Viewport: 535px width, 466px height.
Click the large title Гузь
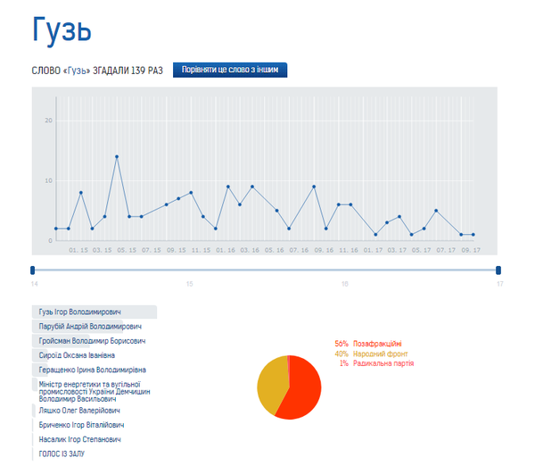click(x=62, y=31)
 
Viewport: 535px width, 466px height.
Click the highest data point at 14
click(x=117, y=157)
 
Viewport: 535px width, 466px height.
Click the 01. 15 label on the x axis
click(x=78, y=251)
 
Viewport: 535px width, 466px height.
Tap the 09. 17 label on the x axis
click(x=471, y=251)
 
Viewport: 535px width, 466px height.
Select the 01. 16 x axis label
click(x=225, y=251)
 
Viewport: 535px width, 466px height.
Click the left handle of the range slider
click(x=33, y=270)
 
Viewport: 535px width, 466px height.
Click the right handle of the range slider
click(x=498, y=270)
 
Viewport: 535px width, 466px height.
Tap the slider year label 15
click(x=189, y=284)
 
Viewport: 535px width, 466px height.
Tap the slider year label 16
click(x=344, y=284)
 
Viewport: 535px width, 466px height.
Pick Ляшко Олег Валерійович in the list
click(x=80, y=411)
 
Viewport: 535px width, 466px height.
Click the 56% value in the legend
click(x=342, y=344)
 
